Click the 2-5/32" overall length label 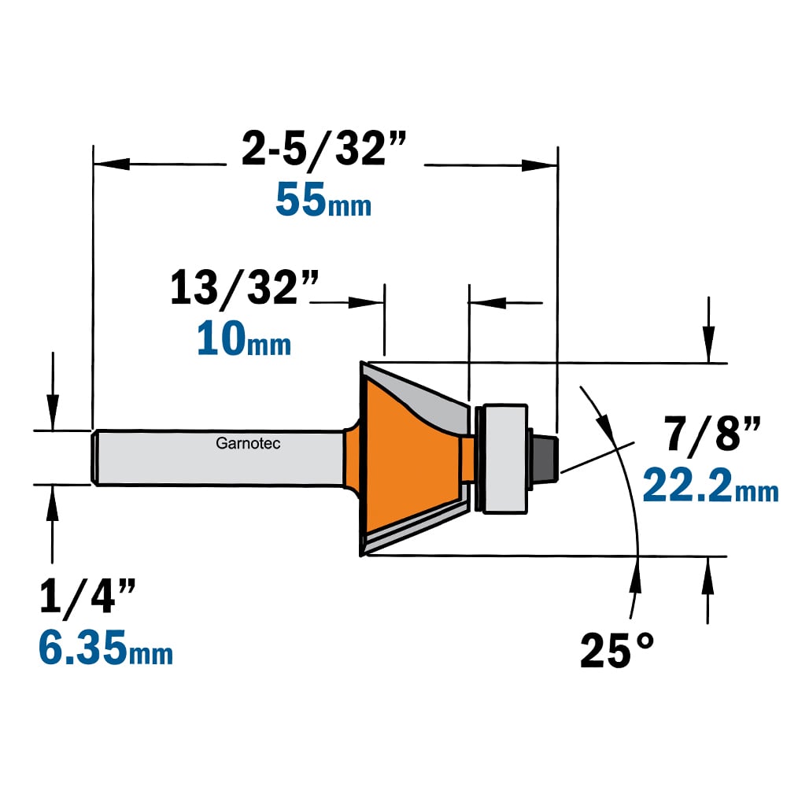point(323,149)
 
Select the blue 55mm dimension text point(323,200)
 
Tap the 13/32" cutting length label point(245,287)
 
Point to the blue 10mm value point(244,338)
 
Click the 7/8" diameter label point(711,433)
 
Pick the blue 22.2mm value point(711,485)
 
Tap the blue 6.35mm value point(105,648)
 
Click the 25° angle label point(617,650)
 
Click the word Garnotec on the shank point(248,443)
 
